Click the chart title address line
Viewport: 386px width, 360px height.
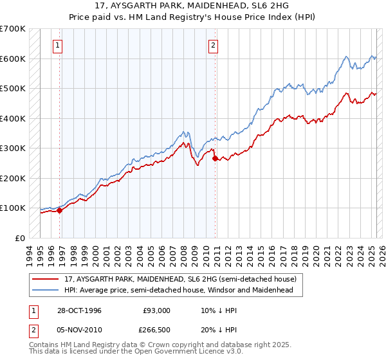click(x=192, y=6)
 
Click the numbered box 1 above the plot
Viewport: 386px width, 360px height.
click(x=59, y=45)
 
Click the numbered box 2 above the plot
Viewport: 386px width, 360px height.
click(x=213, y=45)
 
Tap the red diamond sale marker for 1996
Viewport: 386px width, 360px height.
click(x=59, y=210)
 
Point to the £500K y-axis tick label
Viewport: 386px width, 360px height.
click(x=13, y=88)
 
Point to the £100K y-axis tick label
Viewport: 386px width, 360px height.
click(x=13, y=208)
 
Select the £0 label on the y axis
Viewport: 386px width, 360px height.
click(x=19, y=238)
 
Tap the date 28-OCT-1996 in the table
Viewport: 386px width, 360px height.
click(x=79, y=310)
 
